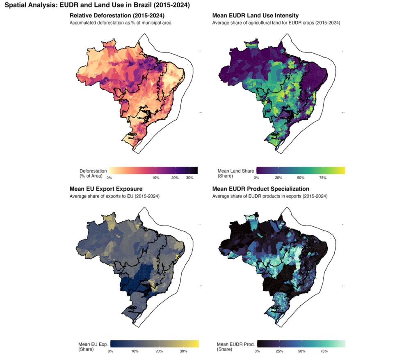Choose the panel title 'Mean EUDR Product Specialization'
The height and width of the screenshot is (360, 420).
[x=261, y=189]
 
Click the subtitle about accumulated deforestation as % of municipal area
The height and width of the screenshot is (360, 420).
[x=120, y=23]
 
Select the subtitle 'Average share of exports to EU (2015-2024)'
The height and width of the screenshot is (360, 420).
[x=114, y=196]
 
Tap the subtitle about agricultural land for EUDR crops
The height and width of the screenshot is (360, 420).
[x=276, y=23]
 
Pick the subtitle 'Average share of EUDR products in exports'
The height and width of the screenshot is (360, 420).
[x=269, y=196]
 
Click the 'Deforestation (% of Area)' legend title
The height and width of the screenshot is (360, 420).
[x=93, y=173]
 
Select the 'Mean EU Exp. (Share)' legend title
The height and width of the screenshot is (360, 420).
[x=93, y=347]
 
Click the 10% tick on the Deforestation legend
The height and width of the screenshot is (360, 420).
[x=156, y=178]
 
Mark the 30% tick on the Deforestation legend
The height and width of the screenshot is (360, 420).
[x=190, y=178]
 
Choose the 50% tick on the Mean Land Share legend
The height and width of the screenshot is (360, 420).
[x=301, y=178]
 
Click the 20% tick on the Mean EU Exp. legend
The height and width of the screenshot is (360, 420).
[x=159, y=351]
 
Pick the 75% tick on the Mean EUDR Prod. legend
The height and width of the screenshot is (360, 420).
[x=323, y=351]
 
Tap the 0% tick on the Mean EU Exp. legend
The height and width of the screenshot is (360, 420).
[x=111, y=351]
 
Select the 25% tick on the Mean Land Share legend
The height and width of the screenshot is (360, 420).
[x=278, y=178]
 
